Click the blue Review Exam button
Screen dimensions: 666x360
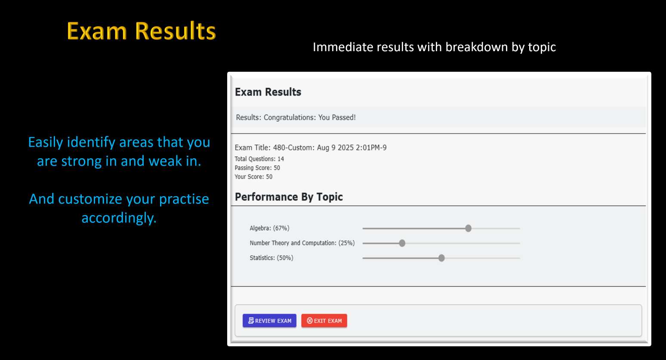[269, 320]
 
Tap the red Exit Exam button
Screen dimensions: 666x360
[324, 320]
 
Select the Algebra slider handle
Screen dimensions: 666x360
[468, 228]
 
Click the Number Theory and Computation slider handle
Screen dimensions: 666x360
[402, 243]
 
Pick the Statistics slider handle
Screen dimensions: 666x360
[441, 258]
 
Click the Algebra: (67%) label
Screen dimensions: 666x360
[269, 228]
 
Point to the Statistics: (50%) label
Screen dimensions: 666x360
[271, 258]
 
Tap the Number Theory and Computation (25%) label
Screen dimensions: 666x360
[302, 243]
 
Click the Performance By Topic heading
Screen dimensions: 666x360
[289, 197]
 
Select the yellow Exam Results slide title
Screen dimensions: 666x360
[141, 31]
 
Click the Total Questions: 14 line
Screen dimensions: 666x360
[259, 159]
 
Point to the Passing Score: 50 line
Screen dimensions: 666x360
[257, 168]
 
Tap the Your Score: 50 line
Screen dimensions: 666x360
[253, 177]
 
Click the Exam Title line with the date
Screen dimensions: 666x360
[311, 148]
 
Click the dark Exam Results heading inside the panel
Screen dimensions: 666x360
[268, 92]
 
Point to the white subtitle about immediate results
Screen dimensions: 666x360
[434, 47]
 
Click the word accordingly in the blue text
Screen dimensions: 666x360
[119, 218]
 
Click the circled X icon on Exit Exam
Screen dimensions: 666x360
[309, 320]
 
